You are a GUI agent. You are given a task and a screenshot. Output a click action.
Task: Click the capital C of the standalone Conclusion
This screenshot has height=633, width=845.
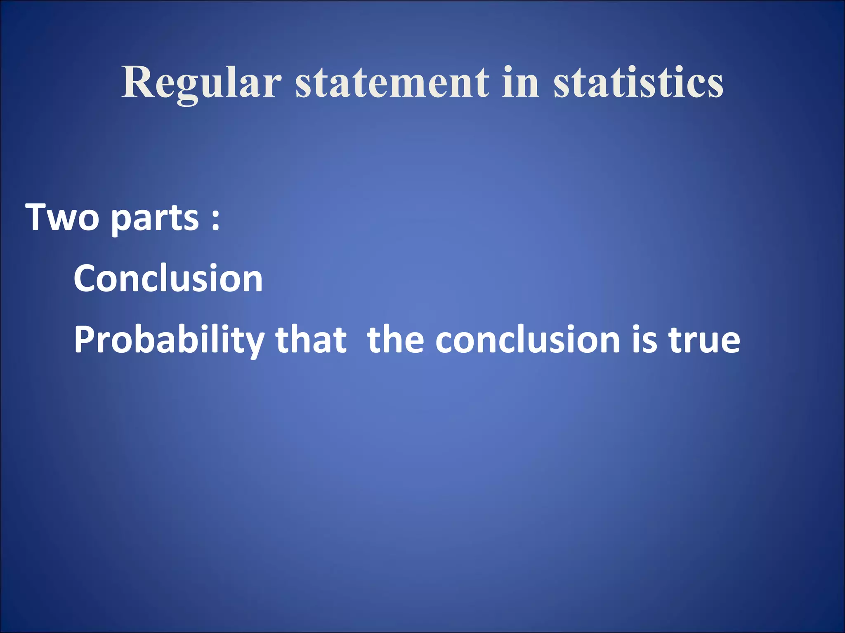pos(86,279)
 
